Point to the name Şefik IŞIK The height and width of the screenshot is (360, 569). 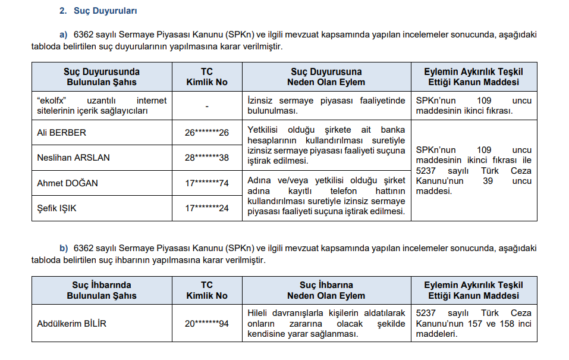56,208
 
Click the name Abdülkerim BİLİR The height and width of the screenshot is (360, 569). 71,324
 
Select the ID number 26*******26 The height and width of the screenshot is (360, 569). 207,132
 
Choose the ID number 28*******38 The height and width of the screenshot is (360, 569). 207,158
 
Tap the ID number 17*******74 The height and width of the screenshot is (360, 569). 207,183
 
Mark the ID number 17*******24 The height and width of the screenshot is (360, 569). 207,208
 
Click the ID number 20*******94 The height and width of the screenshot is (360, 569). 207,324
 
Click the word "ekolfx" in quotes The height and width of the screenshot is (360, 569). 53,101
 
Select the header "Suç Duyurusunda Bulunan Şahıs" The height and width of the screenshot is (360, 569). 102,77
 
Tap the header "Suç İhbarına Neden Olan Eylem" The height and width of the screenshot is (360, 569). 326,290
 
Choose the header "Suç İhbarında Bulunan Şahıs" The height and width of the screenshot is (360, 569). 102,290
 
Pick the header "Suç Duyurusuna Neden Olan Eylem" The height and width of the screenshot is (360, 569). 326,77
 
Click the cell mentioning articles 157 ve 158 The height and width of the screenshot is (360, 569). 473,324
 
